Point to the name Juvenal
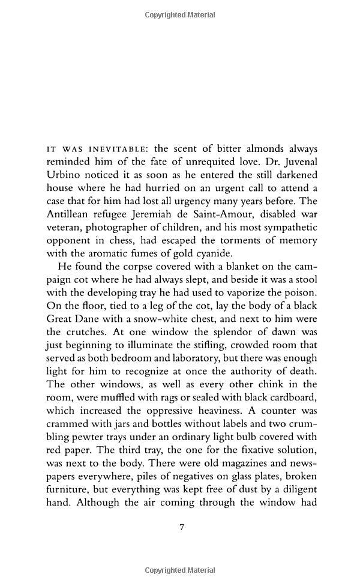(294, 162)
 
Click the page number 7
(181, 528)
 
